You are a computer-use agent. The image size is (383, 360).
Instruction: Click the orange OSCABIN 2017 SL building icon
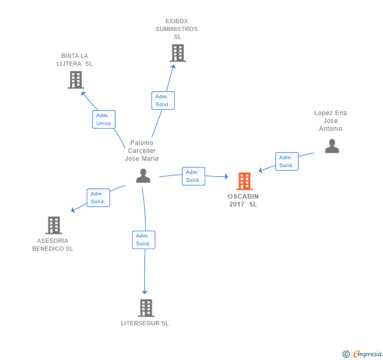tap(244, 181)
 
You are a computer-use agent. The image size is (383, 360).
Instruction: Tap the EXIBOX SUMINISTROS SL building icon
tap(178, 53)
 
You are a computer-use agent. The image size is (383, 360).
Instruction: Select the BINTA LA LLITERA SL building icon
tap(76, 80)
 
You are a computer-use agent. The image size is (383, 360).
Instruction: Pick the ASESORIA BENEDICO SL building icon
tap(54, 225)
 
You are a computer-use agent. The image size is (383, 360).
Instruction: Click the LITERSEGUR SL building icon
tap(145, 308)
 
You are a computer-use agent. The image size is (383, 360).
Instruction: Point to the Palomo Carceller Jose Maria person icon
tap(143, 176)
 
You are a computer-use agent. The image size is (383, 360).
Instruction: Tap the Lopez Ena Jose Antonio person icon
tap(331, 146)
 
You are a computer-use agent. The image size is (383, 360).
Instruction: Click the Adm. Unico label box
tap(104, 119)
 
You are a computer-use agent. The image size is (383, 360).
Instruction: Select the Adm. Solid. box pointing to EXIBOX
tap(163, 100)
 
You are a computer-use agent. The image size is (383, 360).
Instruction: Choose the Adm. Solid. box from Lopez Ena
tap(286, 161)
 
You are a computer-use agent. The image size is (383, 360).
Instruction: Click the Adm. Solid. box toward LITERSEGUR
tap(143, 240)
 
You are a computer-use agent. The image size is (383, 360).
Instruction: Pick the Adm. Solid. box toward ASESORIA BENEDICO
tap(98, 198)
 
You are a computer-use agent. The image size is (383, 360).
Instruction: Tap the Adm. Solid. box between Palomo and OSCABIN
tap(193, 176)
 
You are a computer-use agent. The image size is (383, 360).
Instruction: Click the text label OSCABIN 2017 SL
tap(243, 200)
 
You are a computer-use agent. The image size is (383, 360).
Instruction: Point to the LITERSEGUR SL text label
tap(145, 323)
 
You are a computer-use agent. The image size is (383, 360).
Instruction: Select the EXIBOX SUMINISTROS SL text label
tap(177, 29)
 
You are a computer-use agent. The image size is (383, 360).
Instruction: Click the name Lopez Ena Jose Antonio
tap(330, 121)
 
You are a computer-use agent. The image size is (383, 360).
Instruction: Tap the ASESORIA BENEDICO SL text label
tap(53, 245)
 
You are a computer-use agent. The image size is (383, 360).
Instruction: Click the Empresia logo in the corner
tap(362, 354)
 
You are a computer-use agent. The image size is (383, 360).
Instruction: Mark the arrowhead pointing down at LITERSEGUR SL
tap(145, 292)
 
